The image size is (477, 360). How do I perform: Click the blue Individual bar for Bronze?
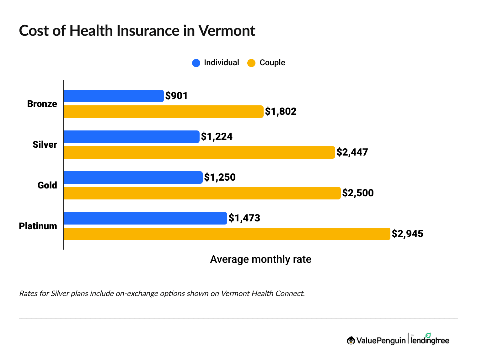(x=114, y=96)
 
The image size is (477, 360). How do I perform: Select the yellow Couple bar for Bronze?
(x=163, y=112)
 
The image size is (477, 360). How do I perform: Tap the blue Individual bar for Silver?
(x=131, y=137)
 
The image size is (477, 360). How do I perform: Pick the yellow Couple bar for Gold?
(x=202, y=193)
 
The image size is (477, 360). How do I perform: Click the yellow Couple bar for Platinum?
(x=227, y=234)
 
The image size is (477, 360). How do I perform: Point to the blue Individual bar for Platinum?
(x=145, y=218)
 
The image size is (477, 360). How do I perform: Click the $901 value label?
(x=177, y=96)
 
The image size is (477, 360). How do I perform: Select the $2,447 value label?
(x=352, y=152)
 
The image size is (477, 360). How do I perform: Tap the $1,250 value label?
(x=220, y=177)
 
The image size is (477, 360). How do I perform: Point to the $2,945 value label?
(x=407, y=234)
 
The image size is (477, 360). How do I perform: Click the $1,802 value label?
(x=281, y=112)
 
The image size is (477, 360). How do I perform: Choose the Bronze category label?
(x=42, y=104)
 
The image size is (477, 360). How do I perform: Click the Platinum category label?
(x=38, y=226)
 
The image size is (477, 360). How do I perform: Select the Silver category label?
(x=45, y=145)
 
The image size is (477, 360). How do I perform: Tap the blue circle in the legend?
(x=196, y=63)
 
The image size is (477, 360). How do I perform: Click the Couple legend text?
(x=272, y=63)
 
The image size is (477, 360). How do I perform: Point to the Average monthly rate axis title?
(x=260, y=259)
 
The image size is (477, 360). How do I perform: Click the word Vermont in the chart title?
(x=227, y=31)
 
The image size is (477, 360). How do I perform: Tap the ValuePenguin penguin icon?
(x=351, y=341)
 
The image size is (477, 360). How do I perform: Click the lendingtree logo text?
(x=430, y=340)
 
